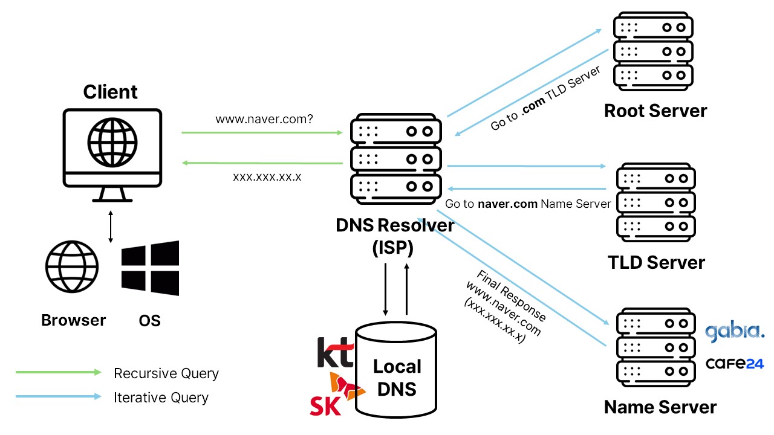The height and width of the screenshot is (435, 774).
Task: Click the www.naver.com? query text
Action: (264, 119)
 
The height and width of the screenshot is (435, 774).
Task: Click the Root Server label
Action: (655, 111)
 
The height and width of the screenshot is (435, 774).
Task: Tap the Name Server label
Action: (660, 407)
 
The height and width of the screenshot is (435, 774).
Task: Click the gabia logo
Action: (735, 332)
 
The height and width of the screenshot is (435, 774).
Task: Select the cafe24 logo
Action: (735, 364)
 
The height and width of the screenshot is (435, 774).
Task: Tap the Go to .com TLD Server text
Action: (545, 98)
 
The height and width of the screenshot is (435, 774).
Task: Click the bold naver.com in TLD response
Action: (507, 204)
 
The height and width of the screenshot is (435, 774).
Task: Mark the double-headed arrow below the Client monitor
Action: (110, 227)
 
